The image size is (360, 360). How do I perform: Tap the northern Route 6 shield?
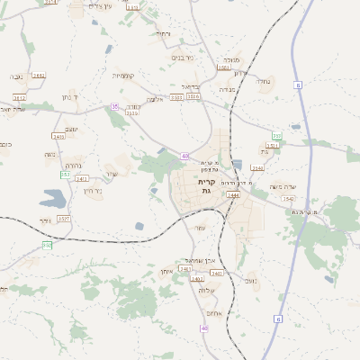click(x=297, y=85)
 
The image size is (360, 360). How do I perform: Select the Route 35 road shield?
click(x=114, y=106)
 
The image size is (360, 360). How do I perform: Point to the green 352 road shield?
click(x=47, y=245)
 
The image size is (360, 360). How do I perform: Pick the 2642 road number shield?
click(x=39, y=76)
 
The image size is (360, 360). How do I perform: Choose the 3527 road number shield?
click(x=63, y=219)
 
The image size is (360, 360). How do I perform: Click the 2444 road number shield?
click(x=233, y=193)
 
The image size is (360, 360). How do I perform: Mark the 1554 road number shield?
click(x=223, y=68)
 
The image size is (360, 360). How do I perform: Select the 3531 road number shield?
click(x=132, y=113)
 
